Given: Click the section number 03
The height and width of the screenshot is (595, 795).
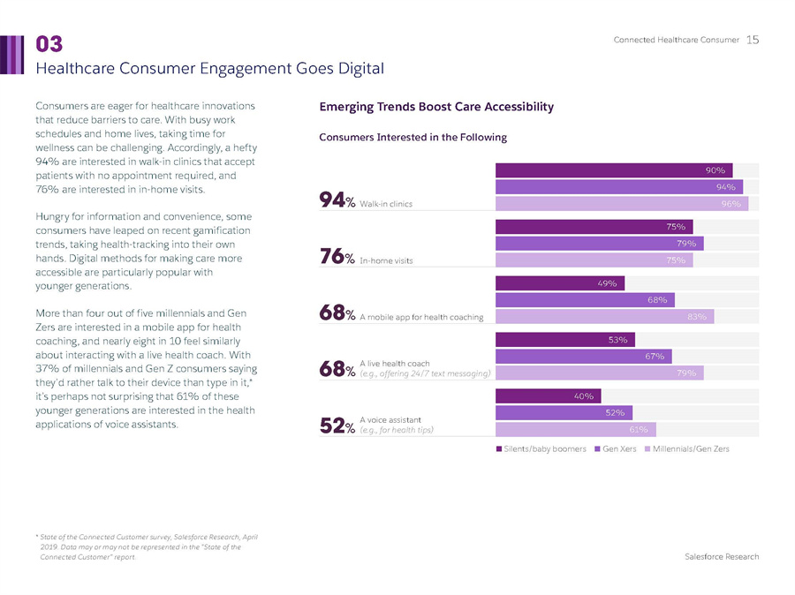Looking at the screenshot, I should pos(49,44).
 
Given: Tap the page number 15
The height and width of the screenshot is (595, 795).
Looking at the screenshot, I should pos(753,40).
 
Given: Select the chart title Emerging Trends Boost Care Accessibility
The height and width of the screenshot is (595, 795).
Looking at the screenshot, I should pos(436,107).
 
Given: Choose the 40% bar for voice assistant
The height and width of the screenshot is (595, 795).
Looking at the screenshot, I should pos(549,395).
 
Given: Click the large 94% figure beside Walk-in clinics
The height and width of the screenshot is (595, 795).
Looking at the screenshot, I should pos(337,202).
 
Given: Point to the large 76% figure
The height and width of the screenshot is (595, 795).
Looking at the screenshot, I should pos(337,258).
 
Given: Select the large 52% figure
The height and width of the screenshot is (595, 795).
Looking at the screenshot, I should pos(337,427).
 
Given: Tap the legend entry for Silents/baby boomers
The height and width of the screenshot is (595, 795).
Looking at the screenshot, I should pos(541,449).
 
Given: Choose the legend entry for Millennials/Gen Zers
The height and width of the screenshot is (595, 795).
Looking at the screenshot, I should pos(689,449).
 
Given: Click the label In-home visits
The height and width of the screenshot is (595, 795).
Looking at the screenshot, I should pos(386,261).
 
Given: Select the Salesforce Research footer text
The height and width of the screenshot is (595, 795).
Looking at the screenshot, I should pos(722,557).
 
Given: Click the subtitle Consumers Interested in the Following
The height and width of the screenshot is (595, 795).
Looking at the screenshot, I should pos(413,138).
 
